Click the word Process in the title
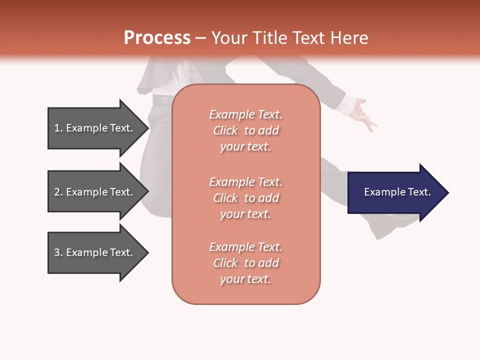157,38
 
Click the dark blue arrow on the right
395,192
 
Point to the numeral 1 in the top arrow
57,128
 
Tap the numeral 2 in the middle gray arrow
57,192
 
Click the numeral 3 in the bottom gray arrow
57,252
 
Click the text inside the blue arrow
397,192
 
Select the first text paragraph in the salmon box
245,130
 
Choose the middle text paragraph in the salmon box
245,198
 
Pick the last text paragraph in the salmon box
245,263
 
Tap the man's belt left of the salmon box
162,99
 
